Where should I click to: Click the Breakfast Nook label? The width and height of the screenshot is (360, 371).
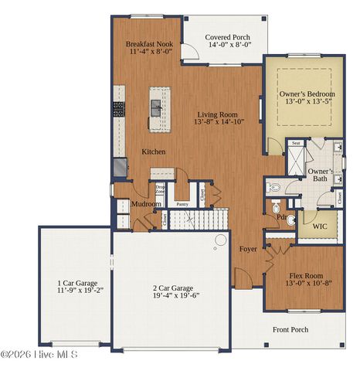[149, 45]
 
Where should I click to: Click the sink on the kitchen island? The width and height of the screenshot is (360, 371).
[157, 108]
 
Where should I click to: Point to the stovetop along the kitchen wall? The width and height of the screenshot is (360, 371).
[120, 109]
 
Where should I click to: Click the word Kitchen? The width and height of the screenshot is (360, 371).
[153, 151]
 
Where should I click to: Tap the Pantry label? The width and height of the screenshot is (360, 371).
[182, 204]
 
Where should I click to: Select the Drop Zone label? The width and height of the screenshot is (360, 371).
[161, 189]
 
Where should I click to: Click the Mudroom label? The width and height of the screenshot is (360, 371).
[144, 204]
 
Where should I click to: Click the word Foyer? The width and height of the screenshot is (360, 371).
[248, 249]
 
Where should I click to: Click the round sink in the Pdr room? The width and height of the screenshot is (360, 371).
[291, 220]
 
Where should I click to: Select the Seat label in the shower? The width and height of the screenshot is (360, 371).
[296, 143]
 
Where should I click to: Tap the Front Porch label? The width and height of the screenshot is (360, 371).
[290, 329]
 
